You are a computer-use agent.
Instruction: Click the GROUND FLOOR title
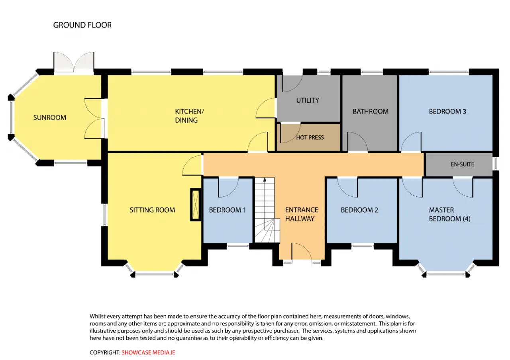point(82,25)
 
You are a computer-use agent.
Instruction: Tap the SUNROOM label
point(50,117)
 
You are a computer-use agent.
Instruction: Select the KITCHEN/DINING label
point(189,116)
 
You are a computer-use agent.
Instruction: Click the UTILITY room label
point(308,100)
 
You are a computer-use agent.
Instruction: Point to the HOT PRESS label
point(310,137)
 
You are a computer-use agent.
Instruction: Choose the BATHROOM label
point(371,112)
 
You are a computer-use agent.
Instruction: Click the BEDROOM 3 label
point(447,112)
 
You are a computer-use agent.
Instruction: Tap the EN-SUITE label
point(463,164)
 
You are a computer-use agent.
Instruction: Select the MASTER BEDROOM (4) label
point(449,214)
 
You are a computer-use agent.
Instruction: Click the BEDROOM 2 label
point(359,210)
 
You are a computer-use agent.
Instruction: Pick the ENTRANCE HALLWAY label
point(302,214)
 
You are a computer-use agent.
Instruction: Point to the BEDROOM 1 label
point(227,210)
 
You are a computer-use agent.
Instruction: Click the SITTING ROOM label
point(152,210)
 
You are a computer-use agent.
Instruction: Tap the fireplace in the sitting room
point(196,205)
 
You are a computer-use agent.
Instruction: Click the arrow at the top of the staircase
point(265,180)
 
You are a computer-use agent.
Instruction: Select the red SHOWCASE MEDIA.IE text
point(148,352)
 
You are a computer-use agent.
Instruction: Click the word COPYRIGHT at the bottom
point(105,352)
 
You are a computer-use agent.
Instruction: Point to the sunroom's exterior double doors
point(74,61)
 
